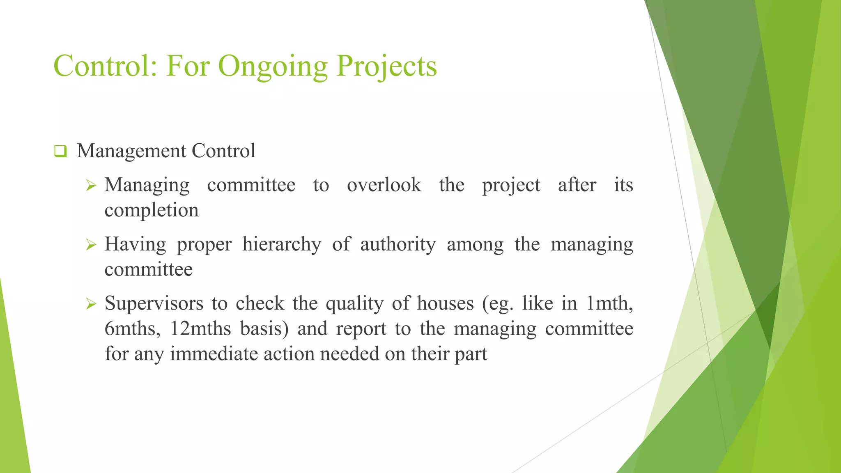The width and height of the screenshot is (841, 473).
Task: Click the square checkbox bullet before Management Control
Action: (60, 152)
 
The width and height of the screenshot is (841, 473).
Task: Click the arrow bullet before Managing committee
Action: (91, 186)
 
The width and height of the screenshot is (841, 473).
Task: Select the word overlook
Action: (384, 185)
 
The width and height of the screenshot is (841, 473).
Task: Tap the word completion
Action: (152, 210)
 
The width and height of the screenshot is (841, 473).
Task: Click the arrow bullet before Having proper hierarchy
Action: (91, 245)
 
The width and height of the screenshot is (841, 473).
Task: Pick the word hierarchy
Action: (282, 244)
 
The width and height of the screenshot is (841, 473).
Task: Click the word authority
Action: (398, 244)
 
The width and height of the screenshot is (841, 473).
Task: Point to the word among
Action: (475, 244)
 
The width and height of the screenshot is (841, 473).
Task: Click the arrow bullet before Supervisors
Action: (91, 304)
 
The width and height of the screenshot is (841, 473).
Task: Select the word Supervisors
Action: (154, 303)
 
